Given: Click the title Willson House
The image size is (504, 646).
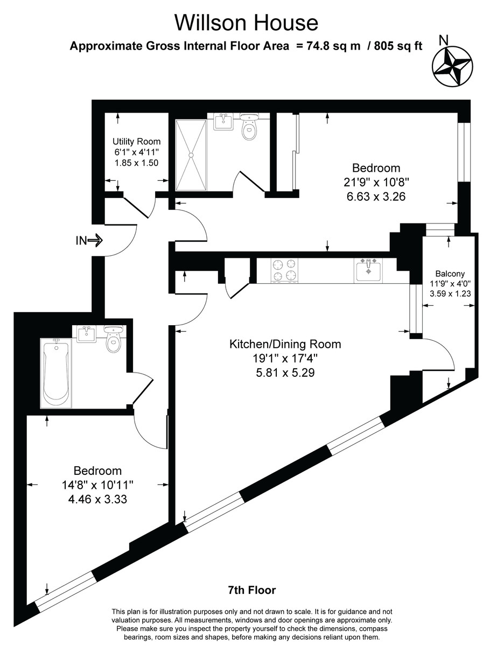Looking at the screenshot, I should click(246, 23).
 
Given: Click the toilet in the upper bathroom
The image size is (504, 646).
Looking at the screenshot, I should click(249, 127).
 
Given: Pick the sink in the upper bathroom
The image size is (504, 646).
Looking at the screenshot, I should click(223, 122).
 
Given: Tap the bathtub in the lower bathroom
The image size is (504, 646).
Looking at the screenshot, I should click(55, 373).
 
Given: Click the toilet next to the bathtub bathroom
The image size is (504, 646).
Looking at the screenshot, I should click(114, 340).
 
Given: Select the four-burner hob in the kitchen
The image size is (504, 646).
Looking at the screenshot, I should click(284, 270).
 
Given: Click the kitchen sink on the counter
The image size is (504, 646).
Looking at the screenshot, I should click(369, 270).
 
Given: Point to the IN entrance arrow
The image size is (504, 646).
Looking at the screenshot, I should click(88, 240).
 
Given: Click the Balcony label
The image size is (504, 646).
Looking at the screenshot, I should click(447, 273).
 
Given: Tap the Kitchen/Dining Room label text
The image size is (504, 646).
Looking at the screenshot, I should click(285, 344).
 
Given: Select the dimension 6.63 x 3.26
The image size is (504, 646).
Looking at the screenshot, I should click(376, 197).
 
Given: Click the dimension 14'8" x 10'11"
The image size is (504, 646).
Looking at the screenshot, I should click(97, 485).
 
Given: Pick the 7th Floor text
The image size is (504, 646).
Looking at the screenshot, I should click(251, 591).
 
